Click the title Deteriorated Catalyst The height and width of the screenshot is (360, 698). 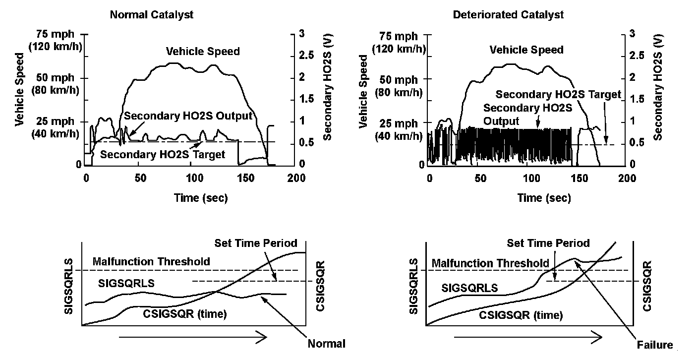click(508, 15)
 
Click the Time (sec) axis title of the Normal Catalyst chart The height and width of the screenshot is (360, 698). click(201, 198)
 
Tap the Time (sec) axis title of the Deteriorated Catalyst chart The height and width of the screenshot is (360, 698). click(544, 198)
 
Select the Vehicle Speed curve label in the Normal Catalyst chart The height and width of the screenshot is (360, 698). click(203, 51)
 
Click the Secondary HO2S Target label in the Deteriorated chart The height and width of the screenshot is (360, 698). click(558, 94)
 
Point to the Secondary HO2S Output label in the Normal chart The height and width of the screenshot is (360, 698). click(188, 116)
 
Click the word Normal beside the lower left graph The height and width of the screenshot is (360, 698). click(326, 343)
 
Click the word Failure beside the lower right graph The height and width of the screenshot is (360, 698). click(655, 345)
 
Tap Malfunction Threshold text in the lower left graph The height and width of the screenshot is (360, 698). click(151, 261)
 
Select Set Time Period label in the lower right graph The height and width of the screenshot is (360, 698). click(548, 243)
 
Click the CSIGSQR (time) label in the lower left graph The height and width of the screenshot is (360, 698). click(185, 313)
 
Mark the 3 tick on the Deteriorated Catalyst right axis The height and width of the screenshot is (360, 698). click(632, 33)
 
